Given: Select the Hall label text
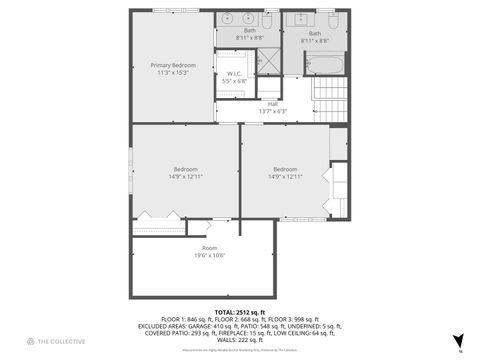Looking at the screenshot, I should pyautogui.click(x=272, y=104).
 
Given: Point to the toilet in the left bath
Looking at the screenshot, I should pyautogui.click(x=267, y=19).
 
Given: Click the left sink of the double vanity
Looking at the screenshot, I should pyautogui.click(x=227, y=19).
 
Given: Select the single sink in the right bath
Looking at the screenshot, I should pyautogui.click(x=300, y=19).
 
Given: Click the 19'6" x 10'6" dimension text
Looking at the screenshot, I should pyautogui.click(x=209, y=255).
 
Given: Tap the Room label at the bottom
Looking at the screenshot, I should pyautogui.click(x=209, y=248).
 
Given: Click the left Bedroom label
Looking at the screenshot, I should pyautogui.click(x=185, y=169).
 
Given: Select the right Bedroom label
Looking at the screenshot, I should pyautogui.click(x=284, y=169).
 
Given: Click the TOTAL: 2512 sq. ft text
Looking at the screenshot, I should pyautogui.click(x=240, y=311).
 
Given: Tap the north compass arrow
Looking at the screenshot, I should pyautogui.click(x=458, y=341).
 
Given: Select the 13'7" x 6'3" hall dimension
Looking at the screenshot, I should pyautogui.click(x=272, y=111).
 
